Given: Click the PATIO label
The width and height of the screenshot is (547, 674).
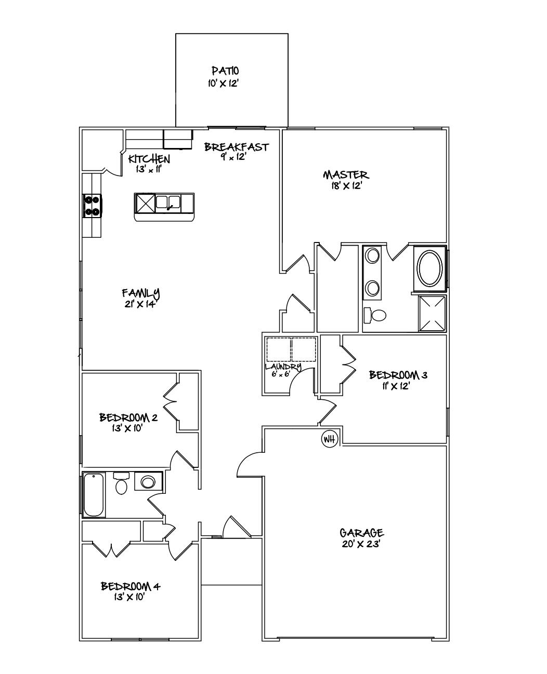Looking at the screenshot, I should point(225,71).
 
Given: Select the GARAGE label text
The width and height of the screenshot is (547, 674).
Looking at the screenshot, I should point(361,533).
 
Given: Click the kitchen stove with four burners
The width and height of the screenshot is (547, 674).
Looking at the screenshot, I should point(93,205).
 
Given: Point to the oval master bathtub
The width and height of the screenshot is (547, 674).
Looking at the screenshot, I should point(430,268).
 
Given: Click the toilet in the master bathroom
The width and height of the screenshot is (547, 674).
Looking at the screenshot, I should point(375,315).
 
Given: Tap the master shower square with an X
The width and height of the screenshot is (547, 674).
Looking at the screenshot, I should point(432,313).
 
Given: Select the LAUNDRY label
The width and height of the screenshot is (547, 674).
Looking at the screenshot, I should point(283,367).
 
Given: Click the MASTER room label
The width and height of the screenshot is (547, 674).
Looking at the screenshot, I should point(346,174).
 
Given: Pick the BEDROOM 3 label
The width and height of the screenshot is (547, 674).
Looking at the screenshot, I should point(398,375).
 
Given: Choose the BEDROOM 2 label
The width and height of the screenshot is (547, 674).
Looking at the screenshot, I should point(128,417).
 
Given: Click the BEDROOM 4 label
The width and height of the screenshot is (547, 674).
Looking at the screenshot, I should point(131,586).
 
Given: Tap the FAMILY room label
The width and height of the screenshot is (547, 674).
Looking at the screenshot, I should point(140,293).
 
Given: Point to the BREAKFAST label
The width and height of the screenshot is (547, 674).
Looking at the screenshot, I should point(237,147).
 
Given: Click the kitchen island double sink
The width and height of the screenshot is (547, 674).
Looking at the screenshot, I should point(168,202).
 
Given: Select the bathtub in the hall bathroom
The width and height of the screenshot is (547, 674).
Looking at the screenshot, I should point(94,495).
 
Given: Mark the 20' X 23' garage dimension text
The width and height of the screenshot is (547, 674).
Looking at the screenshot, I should point(361,544).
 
